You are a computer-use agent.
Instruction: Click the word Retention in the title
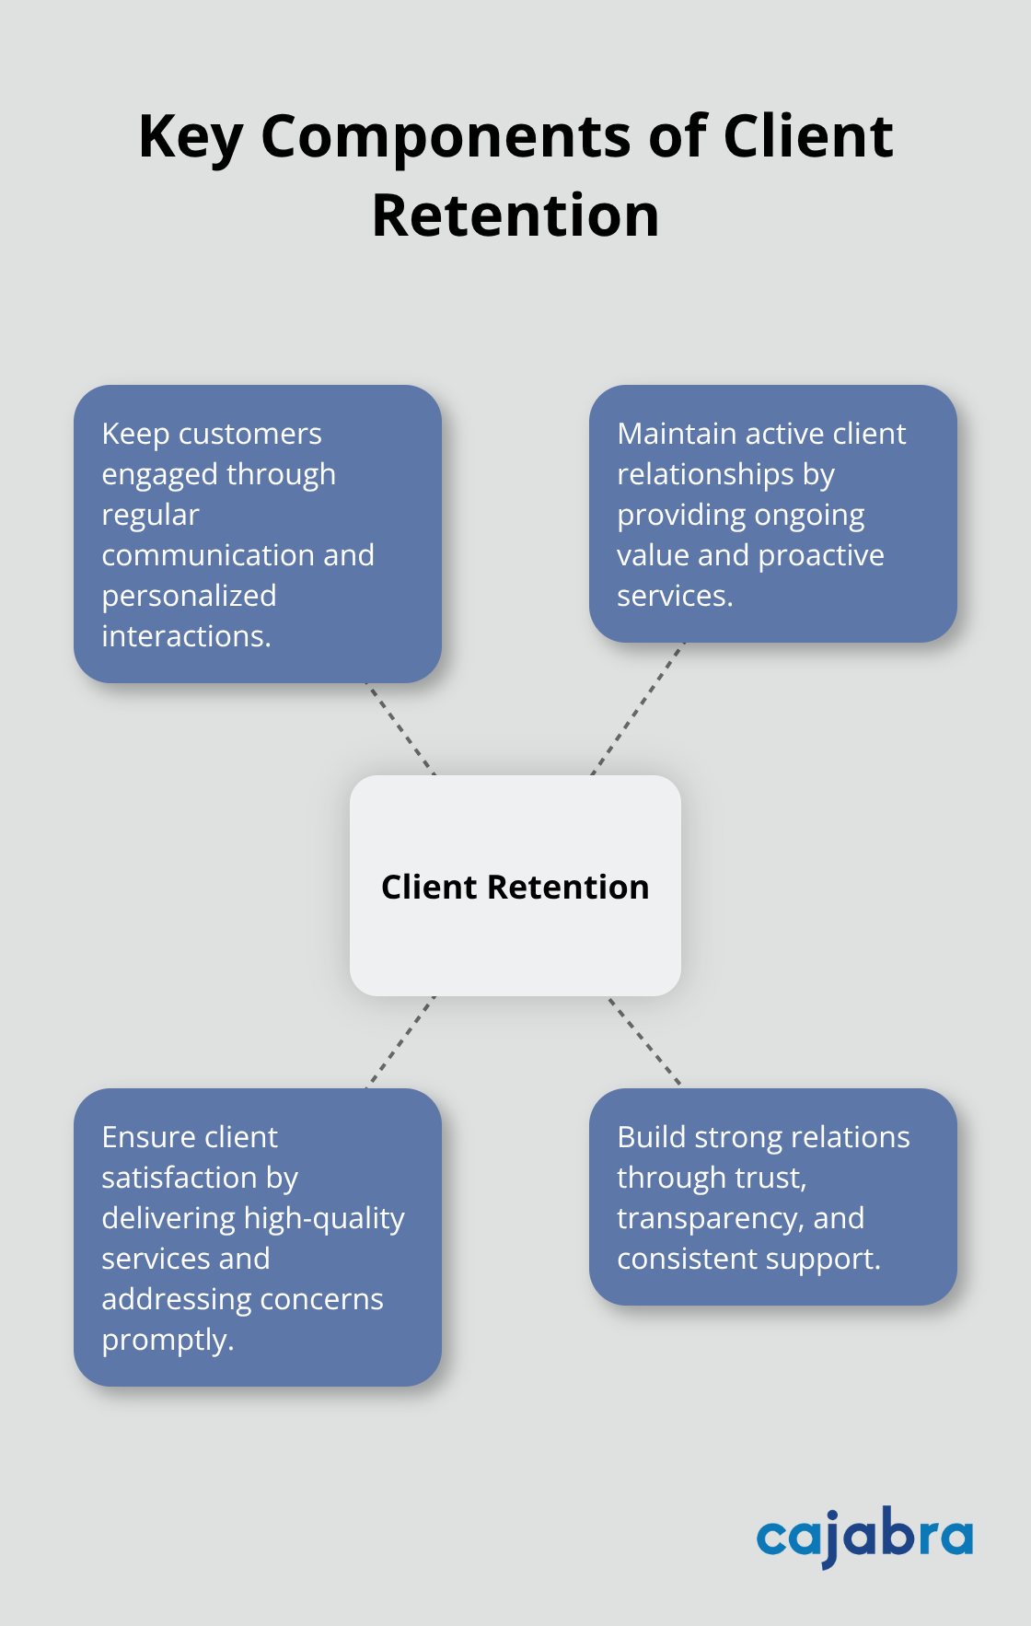click(x=515, y=215)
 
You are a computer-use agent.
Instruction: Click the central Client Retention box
click(x=515, y=886)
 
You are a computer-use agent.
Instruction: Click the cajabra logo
click(x=864, y=1537)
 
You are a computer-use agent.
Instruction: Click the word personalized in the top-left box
click(x=189, y=596)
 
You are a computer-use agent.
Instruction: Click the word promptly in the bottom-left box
click(x=167, y=1341)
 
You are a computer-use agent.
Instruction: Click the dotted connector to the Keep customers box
click(x=400, y=728)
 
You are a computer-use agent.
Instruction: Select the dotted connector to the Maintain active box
click(x=638, y=708)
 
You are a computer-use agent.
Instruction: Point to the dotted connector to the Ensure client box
click(x=400, y=1041)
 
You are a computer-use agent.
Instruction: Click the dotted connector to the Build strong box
click(x=644, y=1040)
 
